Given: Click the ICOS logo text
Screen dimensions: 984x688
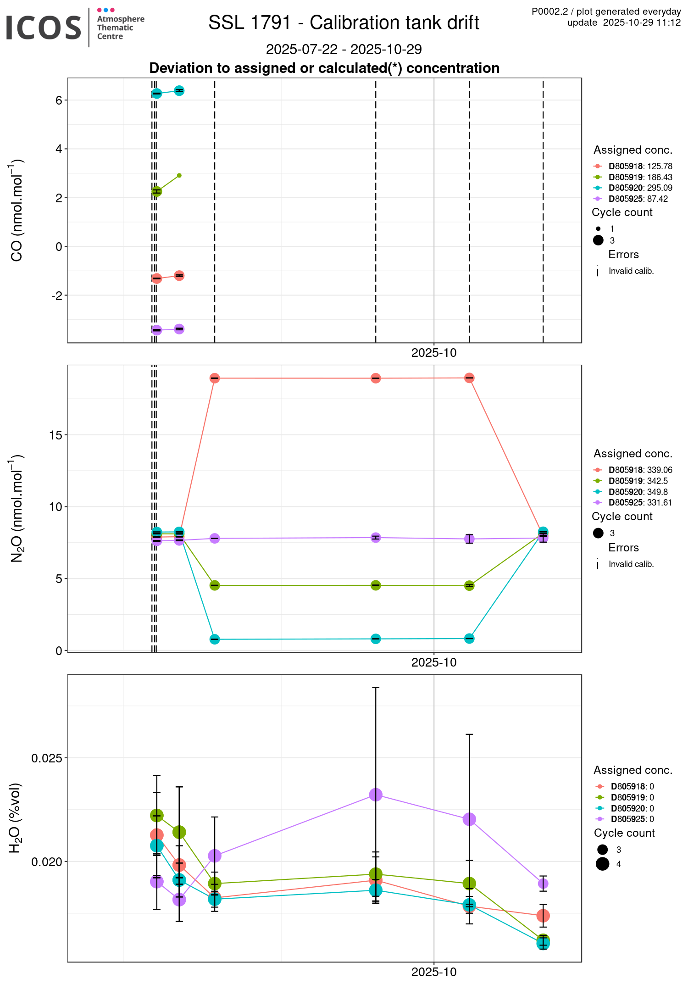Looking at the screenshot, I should tap(44, 28).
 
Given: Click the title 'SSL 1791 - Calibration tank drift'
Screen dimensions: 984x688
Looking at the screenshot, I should tap(344, 23).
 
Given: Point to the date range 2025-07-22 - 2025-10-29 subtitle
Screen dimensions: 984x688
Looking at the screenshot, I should tap(344, 49).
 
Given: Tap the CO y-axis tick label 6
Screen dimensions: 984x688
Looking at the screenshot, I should tap(59, 100).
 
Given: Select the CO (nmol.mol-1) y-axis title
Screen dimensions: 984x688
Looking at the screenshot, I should tap(17, 210).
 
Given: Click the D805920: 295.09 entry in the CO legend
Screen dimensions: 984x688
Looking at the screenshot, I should tap(640, 188).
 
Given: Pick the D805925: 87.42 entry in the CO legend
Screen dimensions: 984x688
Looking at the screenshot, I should tap(638, 199).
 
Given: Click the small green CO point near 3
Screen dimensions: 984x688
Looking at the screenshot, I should tap(179, 176).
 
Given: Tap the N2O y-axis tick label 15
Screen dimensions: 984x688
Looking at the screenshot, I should tap(55, 435).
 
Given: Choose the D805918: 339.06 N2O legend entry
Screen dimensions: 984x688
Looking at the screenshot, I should tap(640, 470).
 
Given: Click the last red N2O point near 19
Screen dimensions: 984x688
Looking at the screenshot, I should tap(469, 378).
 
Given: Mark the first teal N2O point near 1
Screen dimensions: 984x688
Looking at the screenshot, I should tap(215, 639).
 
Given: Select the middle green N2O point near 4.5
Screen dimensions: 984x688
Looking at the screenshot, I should tap(376, 585).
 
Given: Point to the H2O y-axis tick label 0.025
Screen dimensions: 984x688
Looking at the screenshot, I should tap(46, 758).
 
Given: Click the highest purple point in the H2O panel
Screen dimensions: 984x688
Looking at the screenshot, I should tap(376, 795).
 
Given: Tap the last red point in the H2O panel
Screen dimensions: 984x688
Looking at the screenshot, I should tap(543, 916).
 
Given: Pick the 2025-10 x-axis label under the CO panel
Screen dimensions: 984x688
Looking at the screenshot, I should tap(434, 353).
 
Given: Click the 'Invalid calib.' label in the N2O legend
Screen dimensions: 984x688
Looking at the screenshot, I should tap(631, 564).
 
